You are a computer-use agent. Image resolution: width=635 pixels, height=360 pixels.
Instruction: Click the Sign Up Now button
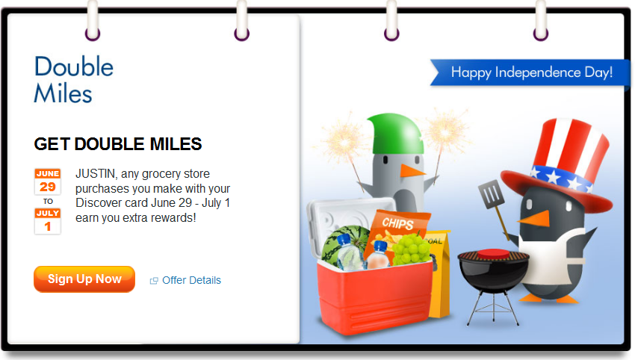point(84,279)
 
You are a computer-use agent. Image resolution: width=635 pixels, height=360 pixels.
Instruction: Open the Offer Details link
point(186,280)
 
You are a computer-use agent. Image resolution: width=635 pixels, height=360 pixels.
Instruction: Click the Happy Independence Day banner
point(530,72)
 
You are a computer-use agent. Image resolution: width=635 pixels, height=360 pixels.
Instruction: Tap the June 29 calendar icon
point(47,181)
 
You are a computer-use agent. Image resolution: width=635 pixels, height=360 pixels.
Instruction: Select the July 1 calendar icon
point(47,221)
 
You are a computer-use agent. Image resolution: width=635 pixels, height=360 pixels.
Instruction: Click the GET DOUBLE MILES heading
point(118,144)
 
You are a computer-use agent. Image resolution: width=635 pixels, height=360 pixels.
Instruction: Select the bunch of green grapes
point(411,249)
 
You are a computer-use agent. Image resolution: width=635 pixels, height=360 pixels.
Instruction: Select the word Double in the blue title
point(74,66)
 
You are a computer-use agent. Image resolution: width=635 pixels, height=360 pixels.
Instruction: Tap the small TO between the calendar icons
point(48,201)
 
